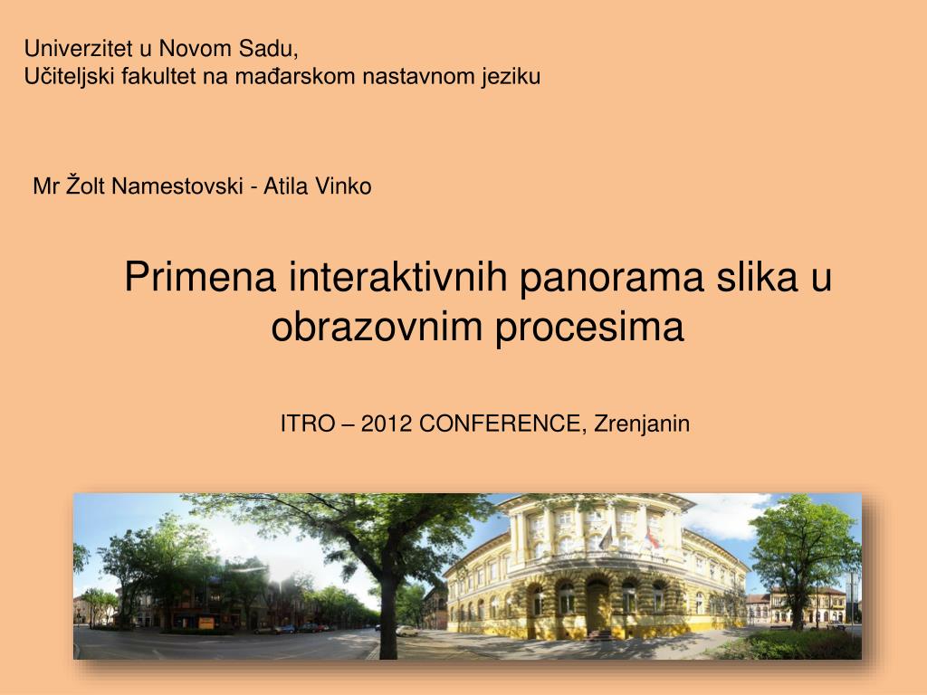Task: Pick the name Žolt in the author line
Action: (x=87, y=186)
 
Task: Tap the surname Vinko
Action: (x=344, y=186)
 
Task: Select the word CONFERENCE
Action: (x=503, y=424)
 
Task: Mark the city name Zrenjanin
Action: (x=642, y=424)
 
